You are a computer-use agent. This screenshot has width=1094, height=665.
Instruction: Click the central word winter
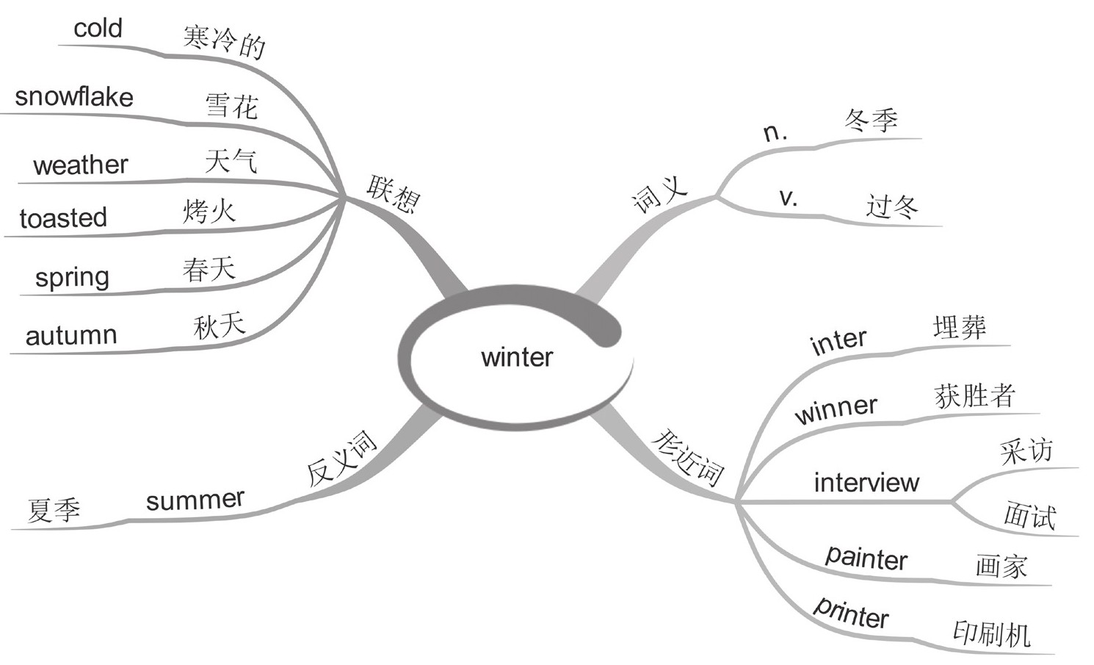517,357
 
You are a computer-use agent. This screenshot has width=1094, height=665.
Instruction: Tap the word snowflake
74,97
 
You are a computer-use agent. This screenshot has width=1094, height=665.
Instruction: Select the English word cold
98,29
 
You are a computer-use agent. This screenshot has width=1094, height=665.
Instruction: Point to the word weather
81,165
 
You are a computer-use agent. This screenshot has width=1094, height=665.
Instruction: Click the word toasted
63,218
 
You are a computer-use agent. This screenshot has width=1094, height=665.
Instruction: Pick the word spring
72,278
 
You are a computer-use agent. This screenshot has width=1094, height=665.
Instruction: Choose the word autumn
71,335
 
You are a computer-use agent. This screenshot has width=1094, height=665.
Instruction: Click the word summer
195,500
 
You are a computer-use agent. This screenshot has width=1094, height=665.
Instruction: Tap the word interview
866,482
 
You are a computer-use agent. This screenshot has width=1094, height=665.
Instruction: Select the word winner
836,409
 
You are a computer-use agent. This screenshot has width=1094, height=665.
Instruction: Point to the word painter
866,558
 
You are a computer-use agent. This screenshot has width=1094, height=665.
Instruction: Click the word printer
852,611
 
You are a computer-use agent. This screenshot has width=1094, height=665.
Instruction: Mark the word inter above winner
838,342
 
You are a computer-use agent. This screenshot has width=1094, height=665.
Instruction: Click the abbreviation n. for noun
775,132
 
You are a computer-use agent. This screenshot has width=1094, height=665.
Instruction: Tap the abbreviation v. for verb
788,197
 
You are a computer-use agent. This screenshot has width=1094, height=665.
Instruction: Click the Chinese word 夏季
54,509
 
